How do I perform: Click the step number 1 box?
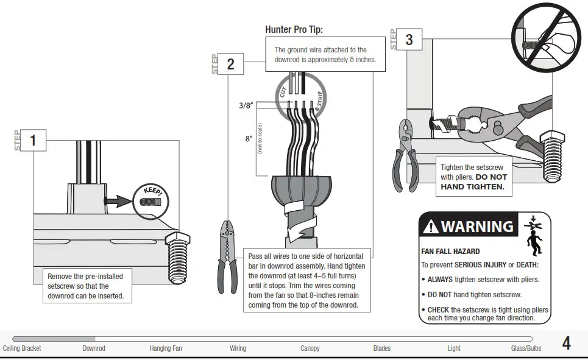click(x=33, y=141)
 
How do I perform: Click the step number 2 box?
click(x=230, y=64)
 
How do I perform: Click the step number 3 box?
click(x=409, y=40)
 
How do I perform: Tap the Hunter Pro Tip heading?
click(x=294, y=29)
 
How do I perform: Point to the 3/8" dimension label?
click(x=245, y=105)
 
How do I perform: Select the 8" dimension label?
click(x=249, y=138)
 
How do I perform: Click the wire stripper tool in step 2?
click(x=226, y=256)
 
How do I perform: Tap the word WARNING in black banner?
click(x=477, y=227)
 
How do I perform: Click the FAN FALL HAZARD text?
click(x=450, y=251)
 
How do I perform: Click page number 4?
click(x=566, y=344)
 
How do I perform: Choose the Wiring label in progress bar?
click(x=238, y=348)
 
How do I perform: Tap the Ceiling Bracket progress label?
click(x=22, y=348)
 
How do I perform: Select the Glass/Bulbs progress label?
click(x=526, y=348)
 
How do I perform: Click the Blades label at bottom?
click(x=382, y=348)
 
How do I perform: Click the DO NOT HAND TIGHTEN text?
click(x=473, y=182)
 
